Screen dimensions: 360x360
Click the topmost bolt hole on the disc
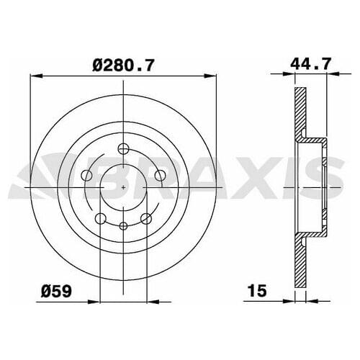pyautogui.click(x=123, y=148)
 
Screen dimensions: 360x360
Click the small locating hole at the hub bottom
pyautogui.click(x=123, y=226)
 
